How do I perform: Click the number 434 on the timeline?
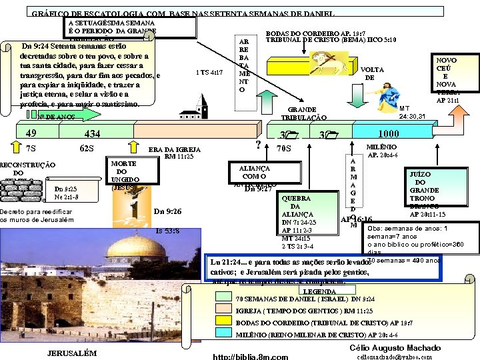click(x=92, y=134)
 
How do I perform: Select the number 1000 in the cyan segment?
click(x=388, y=133)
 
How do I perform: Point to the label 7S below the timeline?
click(x=31, y=148)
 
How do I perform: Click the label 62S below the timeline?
click(x=87, y=148)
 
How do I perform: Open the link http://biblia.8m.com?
click(x=250, y=357)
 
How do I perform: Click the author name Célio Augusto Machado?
click(x=395, y=348)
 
